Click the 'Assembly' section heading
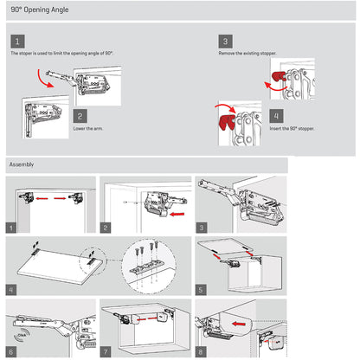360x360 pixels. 22,164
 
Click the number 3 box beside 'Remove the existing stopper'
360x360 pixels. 225,41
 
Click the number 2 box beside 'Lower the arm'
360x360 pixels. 80,115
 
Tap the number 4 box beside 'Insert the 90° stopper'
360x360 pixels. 275,115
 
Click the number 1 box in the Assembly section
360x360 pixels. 11,228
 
